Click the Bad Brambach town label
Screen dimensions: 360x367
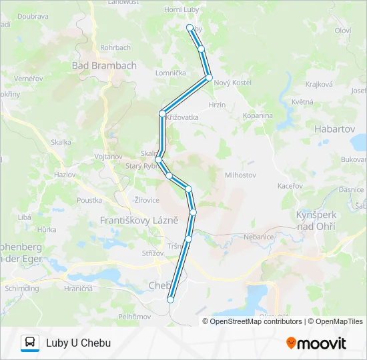pyautogui.click(x=104, y=65)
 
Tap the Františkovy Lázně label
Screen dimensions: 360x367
pyautogui.click(x=139, y=219)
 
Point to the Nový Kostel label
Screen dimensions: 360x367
pyautogui.click(x=233, y=82)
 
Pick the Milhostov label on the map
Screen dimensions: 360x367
pyautogui.click(x=241, y=175)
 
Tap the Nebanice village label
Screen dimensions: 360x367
pyautogui.click(x=260, y=237)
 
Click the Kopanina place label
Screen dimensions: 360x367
pyautogui.click(x=258, y=115)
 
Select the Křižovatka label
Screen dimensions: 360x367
pyautogui.click(x=183, y=117)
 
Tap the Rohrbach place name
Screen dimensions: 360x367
pyautogui.click(x=115, y=47)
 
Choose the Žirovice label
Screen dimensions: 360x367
pyautogui.click(x=147, y=199)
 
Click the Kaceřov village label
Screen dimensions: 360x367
pyautogui.click(x=291, y=185)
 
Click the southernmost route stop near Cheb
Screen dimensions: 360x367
pyautogui.click(x=170, y=299)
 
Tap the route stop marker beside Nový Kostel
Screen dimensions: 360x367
pyautogui.click(x=209, y=78)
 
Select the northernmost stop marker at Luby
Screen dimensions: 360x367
pyautogui.click(x=190, y=28)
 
